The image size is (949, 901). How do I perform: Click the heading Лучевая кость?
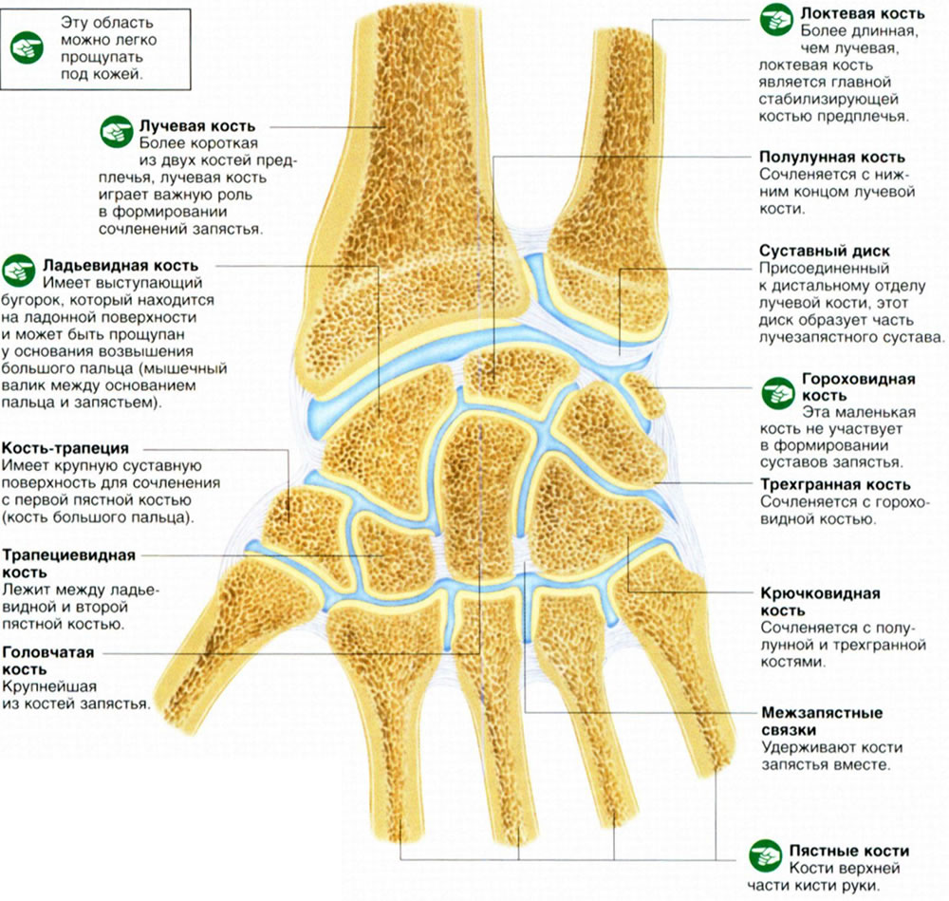197,126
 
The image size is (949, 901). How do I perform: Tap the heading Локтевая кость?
863,13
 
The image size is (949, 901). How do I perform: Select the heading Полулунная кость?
832,157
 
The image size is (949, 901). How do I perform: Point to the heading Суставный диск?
825,251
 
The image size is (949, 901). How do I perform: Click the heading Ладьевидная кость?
121,265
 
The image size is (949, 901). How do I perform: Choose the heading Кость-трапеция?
65,448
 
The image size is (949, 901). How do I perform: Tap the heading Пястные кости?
848,851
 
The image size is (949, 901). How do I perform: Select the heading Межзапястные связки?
822,722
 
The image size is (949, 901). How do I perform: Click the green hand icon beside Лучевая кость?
117,131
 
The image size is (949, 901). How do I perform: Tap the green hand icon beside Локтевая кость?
776,19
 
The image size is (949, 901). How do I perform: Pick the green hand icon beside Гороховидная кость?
778,393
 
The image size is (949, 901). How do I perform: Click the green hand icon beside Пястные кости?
765,856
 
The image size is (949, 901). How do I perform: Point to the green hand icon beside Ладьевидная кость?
19,270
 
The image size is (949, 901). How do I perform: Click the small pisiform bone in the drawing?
645,394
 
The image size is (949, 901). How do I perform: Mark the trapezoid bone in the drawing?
393,551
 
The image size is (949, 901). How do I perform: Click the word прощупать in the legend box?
102,58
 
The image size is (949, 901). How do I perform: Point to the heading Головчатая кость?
48,661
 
